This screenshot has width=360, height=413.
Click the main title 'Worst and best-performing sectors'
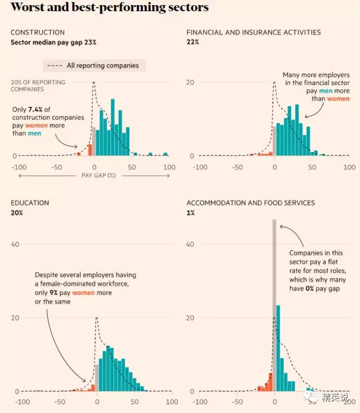tap(110, 8)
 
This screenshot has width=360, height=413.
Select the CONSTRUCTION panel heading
tap(38, 33)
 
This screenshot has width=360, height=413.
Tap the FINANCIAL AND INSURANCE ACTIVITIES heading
tap(254, 33)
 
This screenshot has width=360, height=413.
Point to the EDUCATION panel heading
tap(30, 203)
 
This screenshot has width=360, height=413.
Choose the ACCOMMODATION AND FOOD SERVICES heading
tap(251, 203)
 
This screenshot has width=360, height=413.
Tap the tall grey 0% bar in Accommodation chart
tap(274, 304)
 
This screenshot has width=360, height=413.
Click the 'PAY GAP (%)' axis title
tap(94, 176)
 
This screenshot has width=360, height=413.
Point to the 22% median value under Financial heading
tap(193, 42)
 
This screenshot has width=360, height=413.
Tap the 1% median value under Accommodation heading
tap(191, 213)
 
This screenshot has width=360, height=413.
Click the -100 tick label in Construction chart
tap(19, 167)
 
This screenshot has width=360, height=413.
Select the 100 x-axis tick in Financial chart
tap(349, 167)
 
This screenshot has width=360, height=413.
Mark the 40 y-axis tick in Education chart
tap(16, 244)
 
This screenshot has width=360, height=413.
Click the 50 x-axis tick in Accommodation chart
tap(312, 402)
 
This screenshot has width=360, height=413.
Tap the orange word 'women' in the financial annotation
tap(339, 98)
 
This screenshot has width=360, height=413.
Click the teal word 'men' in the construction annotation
tap(35, 133)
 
